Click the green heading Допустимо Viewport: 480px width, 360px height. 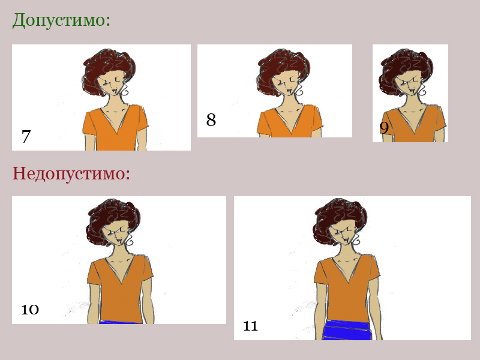[61, 20]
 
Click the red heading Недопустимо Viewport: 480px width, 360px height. [71, 173]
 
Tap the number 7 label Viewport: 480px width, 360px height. [26, 136]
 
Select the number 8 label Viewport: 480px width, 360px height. [211, 119]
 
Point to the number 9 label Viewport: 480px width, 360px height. [384, 128]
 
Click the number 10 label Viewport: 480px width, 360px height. [30, 309]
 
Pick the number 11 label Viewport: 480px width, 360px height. [250, 326]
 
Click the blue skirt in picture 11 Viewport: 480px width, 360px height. [347, 329]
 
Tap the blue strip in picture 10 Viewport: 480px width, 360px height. [121, 322]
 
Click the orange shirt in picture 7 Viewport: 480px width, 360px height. [115, 128]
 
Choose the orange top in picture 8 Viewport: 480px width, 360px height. [290, 122]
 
